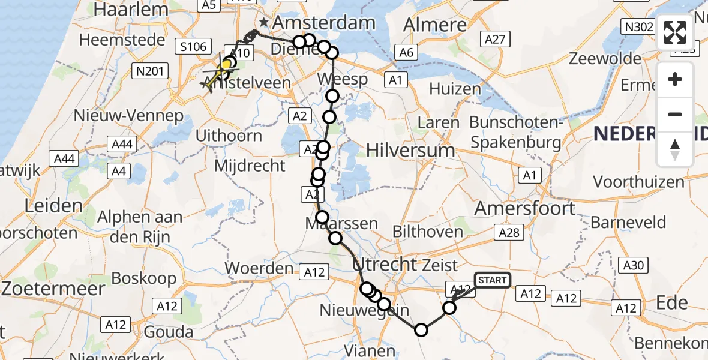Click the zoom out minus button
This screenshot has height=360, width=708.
[x=675, y=114]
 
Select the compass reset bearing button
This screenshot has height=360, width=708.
[x=675, y=149]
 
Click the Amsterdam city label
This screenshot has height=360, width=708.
[x=324, y=23]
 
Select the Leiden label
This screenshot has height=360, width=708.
[x=53, y=206]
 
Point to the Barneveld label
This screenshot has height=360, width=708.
[x=628, y=222]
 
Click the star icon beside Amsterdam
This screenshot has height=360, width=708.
[x=263, y=23]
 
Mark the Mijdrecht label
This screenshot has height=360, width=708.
[x=247, y=166]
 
